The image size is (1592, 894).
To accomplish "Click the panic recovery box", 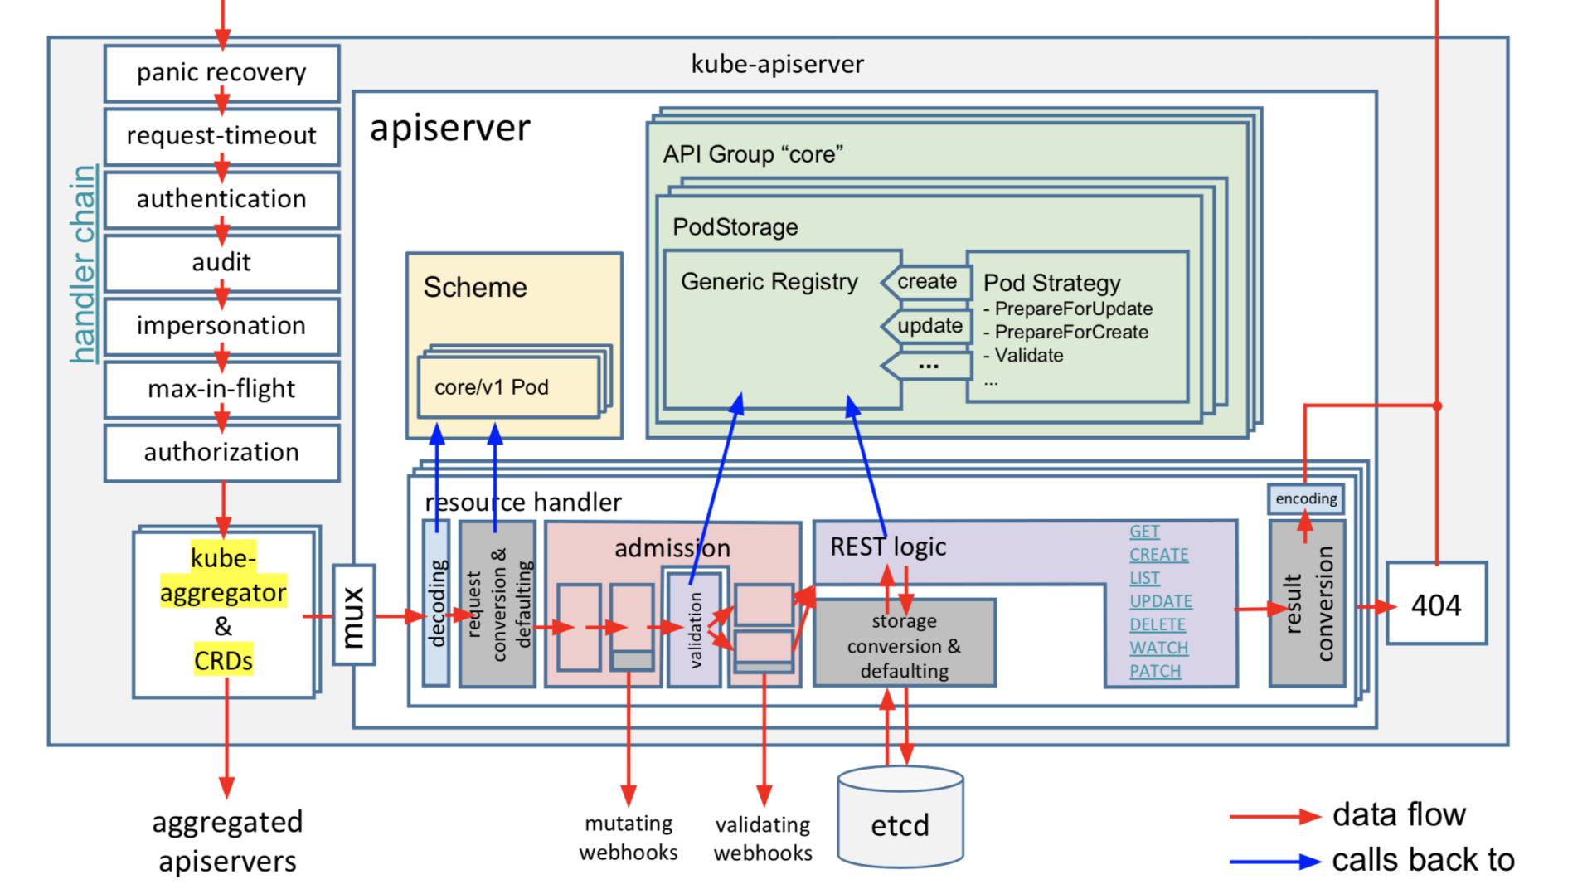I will [x=221, y=73].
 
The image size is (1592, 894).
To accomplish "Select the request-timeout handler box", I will [x=221, y=136].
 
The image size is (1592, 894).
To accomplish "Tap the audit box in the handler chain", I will [x=221, y=263].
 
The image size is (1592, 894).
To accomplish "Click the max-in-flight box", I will [x=221, y=389].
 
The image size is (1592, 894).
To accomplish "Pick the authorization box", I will [x=221, y=453].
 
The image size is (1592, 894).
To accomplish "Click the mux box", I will [x=354, y=615].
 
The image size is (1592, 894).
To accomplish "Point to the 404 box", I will [x=1436, y=605].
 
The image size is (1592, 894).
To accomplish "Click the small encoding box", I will [x=1306, y=498].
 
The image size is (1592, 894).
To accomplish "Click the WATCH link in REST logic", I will [x=1158, y=648].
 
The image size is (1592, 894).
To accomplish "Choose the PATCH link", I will [x=1155, y=671].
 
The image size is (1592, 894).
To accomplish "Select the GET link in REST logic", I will [x=1144, y=532].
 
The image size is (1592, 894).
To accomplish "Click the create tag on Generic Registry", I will [x=927, y=282].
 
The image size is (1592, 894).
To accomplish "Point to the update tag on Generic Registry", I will [x=929, y=326].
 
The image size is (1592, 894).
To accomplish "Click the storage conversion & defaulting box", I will [x=905, y=644].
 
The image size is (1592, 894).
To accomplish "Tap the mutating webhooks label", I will [x=629, y=838].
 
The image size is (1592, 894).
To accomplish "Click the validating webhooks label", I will [x=763, y=838].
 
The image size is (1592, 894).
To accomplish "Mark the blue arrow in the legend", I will [x=1274, y=862].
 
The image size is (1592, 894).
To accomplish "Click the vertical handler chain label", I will [x=83, y=264].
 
